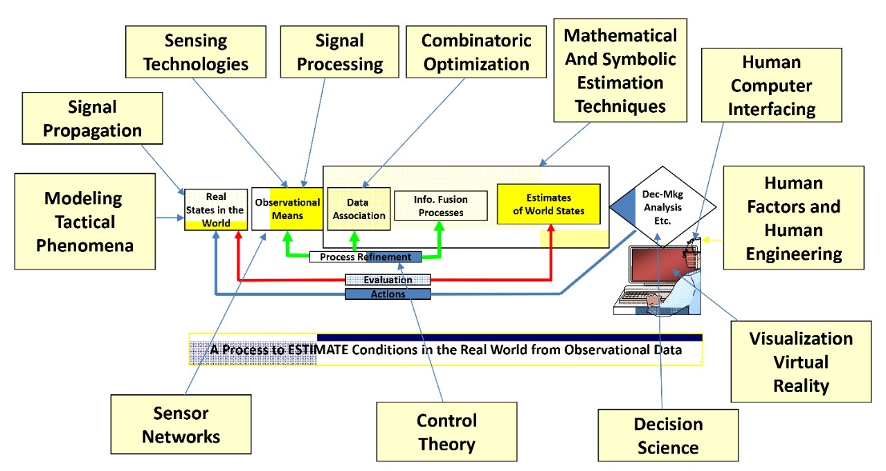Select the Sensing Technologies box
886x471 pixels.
(x=196, y=52)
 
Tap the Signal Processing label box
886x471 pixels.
(x=340, y=52)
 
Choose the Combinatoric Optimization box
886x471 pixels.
(x=476, y=52)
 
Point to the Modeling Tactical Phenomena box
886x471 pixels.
(x=84, y=221)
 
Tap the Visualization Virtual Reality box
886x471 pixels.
(x=801, y=362)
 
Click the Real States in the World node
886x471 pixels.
(x=216, y=209)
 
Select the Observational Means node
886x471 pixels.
(x=287, y=208)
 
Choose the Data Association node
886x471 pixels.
(x=359, y=208)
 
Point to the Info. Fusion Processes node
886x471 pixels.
(x=441, y=206)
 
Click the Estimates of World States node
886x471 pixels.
(x=548, y=204)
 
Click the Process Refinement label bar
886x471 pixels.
(x=365, y=257)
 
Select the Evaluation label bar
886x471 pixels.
(x=388, y=280)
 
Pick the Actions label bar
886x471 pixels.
(x=388, y=294)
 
